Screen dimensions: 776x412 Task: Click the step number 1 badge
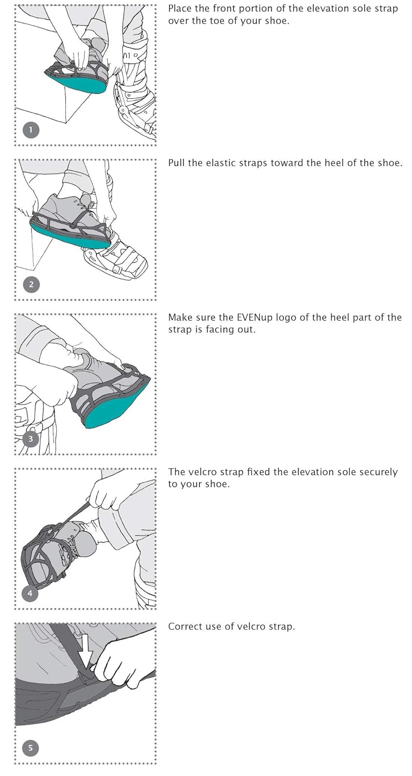[x=31, y=129]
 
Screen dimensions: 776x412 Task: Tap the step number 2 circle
[x=31, y=284]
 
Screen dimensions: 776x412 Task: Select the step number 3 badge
[x=31, y=439]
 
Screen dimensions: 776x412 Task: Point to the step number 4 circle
[x=30, y=593]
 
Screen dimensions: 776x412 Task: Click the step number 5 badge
[x=31, y=748]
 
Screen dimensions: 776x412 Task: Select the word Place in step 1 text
[x=180, y=9]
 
